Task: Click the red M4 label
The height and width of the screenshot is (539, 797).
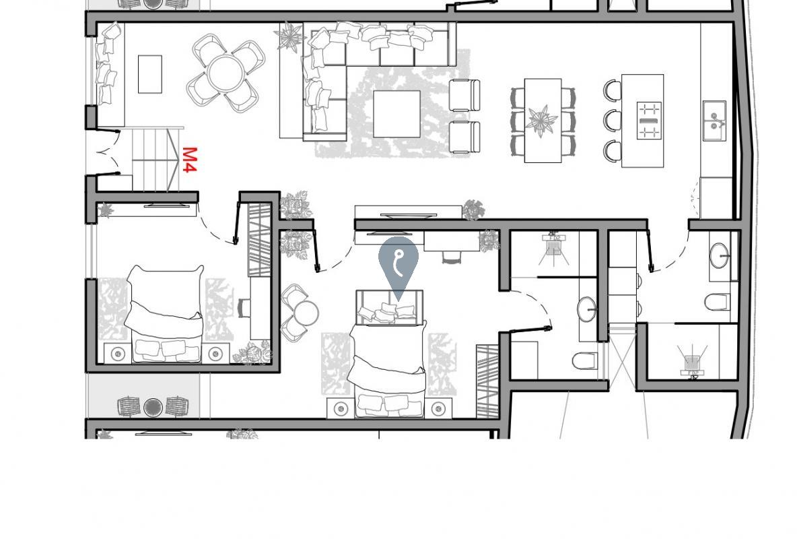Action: [x=189, y=160]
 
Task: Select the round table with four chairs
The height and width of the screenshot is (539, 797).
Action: [x=226, y=73]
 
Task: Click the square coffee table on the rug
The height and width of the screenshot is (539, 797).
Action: [x=396, y=114]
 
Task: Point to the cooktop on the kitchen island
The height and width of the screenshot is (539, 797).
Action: [x=649, y=121]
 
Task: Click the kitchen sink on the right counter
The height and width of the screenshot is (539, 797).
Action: [x=714, y=121]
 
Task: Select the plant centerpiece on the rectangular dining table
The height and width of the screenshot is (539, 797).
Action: [x=542, y=121]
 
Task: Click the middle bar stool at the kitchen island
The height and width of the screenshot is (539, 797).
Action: [x=613, y=121]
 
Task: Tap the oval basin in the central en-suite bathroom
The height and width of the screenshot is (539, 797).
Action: [x=587, y=309]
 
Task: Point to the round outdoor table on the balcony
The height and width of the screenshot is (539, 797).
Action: [x=153, y=407]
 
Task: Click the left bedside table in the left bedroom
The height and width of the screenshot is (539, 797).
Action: [x=118, y=352]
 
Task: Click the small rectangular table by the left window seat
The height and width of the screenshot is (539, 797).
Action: [x=150, y=73]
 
